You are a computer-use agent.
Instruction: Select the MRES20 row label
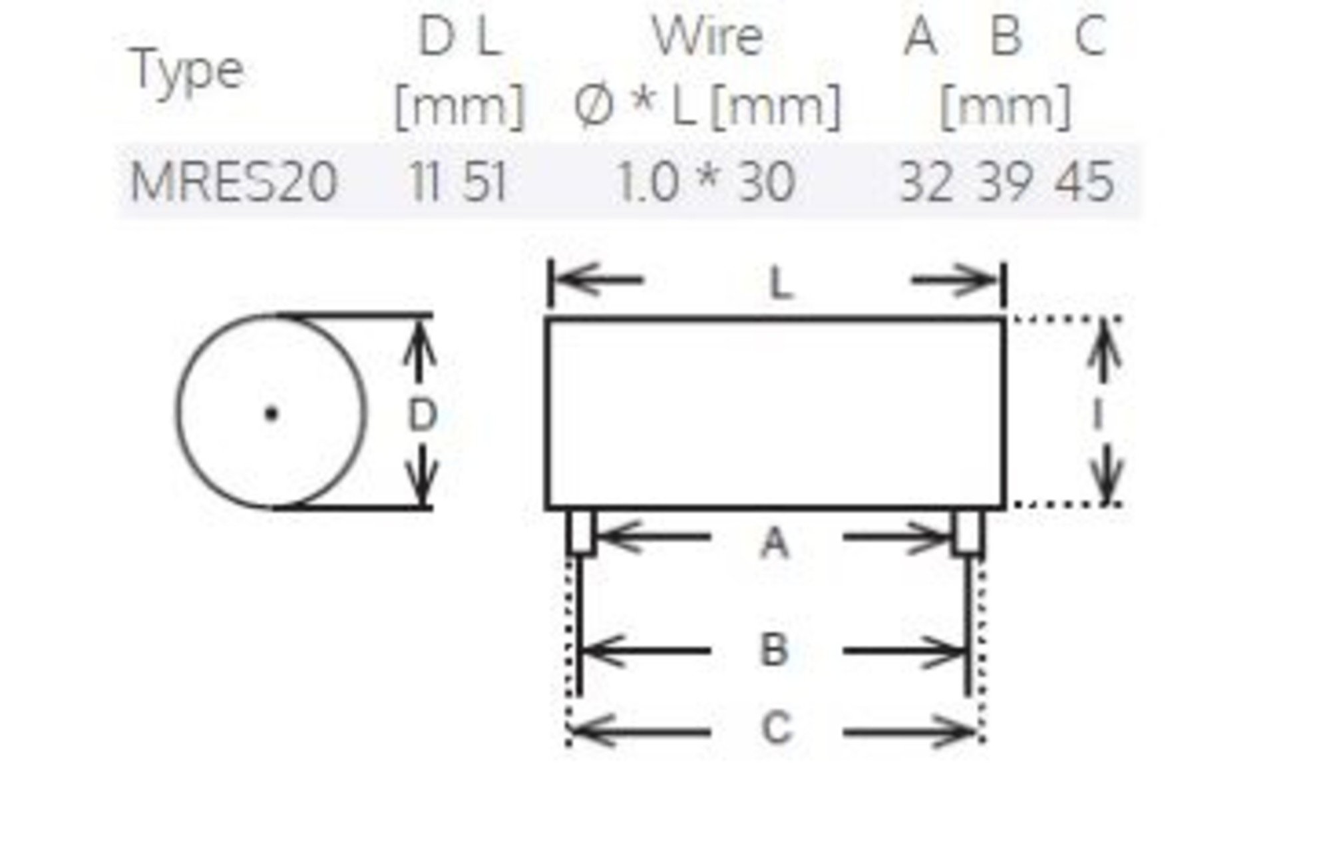pos(234,182)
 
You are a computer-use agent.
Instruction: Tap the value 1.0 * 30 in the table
pos(706,182)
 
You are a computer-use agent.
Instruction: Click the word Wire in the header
pos(707,37)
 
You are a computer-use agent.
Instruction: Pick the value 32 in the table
pos(926,182)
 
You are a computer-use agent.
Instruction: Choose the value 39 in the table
pos(1005,182)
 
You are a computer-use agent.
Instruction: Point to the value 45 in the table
pos(1084,182)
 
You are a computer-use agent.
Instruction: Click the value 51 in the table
pos(484,182)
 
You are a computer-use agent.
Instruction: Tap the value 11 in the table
pos(426,182)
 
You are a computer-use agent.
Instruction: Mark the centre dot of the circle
pos(271,414)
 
